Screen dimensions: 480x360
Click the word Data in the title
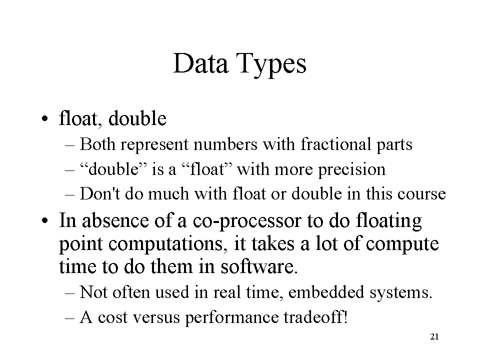coord(200,63)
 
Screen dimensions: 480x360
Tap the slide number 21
coord(434,336)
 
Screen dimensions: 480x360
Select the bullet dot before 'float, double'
coord(45,119)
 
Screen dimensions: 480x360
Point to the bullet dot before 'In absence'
coord(45,220)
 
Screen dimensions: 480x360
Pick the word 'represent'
coord(154,145)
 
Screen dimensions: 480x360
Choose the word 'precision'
coord(351,170)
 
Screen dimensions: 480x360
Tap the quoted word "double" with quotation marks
coord(113,169)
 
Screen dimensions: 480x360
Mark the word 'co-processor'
coord(247,221)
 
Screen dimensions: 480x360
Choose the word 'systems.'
coord(401,293)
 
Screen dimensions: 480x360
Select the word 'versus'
coord(156,318)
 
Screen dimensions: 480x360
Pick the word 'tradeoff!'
coord(316,317)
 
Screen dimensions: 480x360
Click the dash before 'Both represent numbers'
coord(70,145)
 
